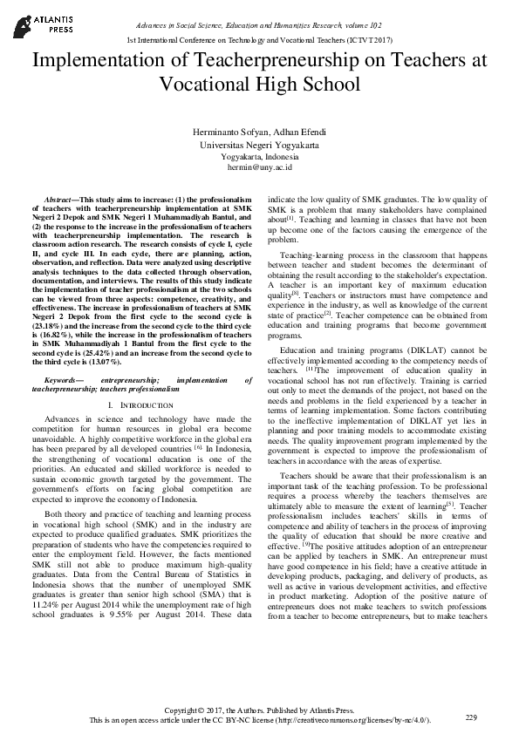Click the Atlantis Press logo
tap(34, 22)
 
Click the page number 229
tap(472, 717)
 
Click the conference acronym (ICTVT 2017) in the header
tap(364, 41)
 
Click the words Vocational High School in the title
tap(259, 84)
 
